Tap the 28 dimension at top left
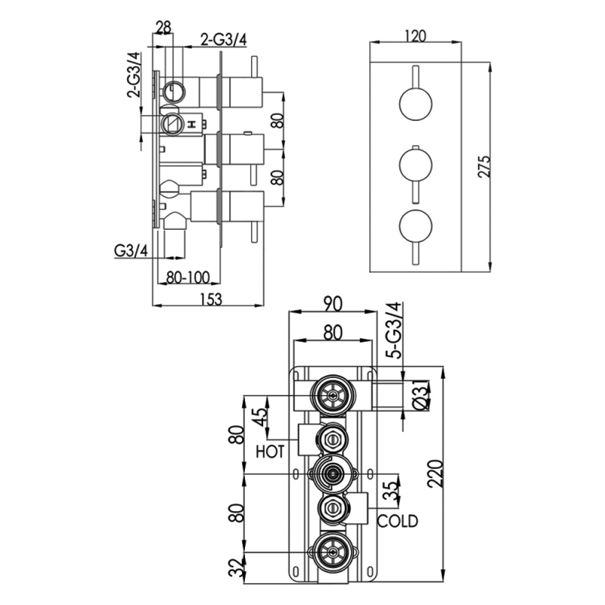pos(163,28)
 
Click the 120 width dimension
pos(415,35)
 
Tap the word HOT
pos(270,452)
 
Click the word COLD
pos(398,521)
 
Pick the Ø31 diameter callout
pos(423,396)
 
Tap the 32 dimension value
pos(240,566)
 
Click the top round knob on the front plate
pos(415,104)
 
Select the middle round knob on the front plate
pos(415,164)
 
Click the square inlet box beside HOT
pos(309,439)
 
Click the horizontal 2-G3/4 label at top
pos(223,40)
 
